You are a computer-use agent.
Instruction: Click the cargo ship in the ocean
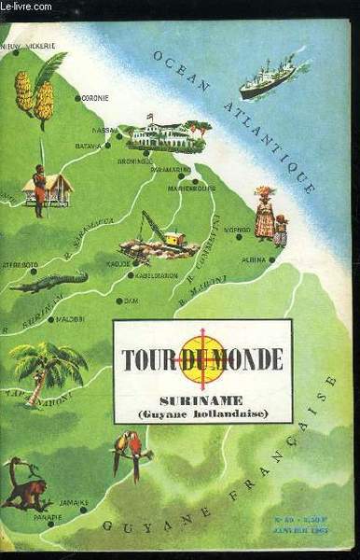click(x=267, y=80)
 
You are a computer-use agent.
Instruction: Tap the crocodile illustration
click(x=48, y=281)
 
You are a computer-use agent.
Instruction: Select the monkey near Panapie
click(x=25, y=484)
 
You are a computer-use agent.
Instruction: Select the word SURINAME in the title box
click(x=201, y=395)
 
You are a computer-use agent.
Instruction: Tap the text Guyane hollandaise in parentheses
click(x=202, y=412)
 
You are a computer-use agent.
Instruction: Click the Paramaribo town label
click(x=171, y=170)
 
